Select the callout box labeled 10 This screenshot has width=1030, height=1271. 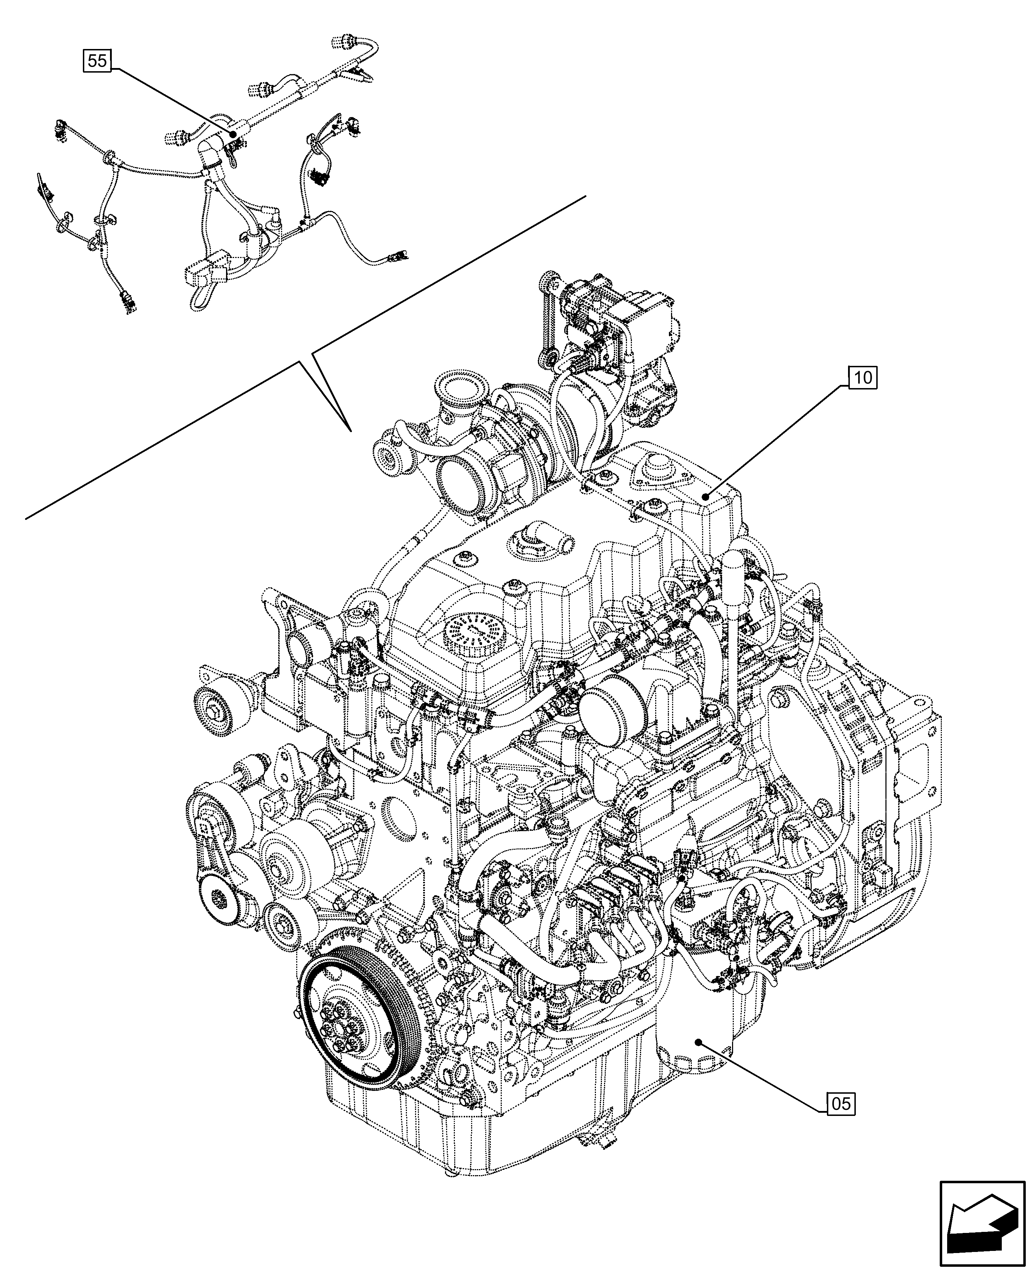[863, 377]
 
